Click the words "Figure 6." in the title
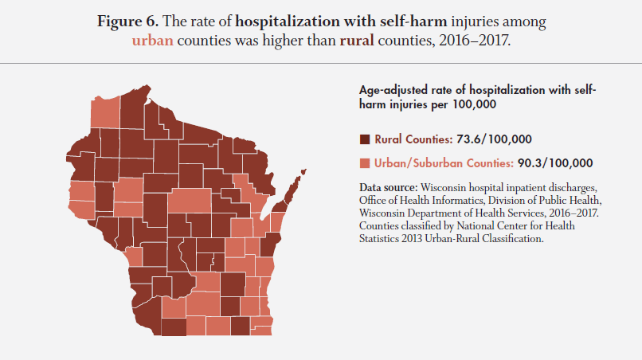coord(127,22)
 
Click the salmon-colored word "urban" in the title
coord(152,41)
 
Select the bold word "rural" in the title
coord(357,41)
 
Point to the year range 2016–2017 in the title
coord(474,41)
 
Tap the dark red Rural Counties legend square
coord(364,139)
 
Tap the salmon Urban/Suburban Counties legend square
coord(364,163)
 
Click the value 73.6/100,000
coord(494,139)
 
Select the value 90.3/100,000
coord(555,163)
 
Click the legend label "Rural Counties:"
coord(413,139)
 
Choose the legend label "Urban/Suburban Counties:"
coord(444,163)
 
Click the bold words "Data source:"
coord(388,188)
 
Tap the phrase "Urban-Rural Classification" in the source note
coord(484,238)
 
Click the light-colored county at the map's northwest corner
coord(105,112)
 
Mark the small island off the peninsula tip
coord(303,171)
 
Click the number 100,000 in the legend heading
coord(474,104)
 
